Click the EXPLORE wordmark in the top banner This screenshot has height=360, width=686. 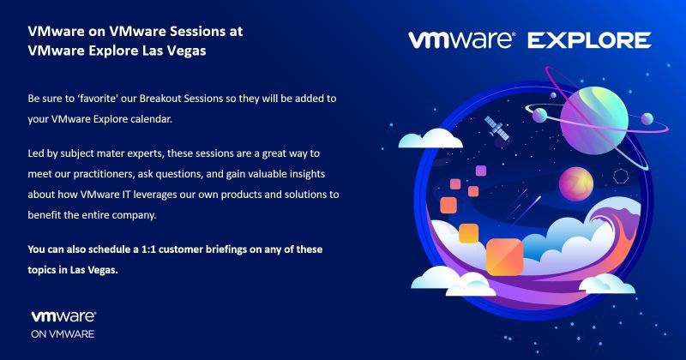[589, 40]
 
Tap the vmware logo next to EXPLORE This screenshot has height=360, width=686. [461, 39]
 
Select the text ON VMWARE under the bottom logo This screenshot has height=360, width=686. [63, 333]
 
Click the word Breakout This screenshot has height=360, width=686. [159, 99]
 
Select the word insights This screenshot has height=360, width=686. [307, 174]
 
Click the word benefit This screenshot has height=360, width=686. [45, 215]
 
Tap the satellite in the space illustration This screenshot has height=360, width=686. [497, 128]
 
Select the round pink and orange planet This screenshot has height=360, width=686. [576, 183]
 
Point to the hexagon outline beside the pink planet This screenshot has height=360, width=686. [621, 176]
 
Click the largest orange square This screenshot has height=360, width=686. [504, 257]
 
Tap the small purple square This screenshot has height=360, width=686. [481, 171]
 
